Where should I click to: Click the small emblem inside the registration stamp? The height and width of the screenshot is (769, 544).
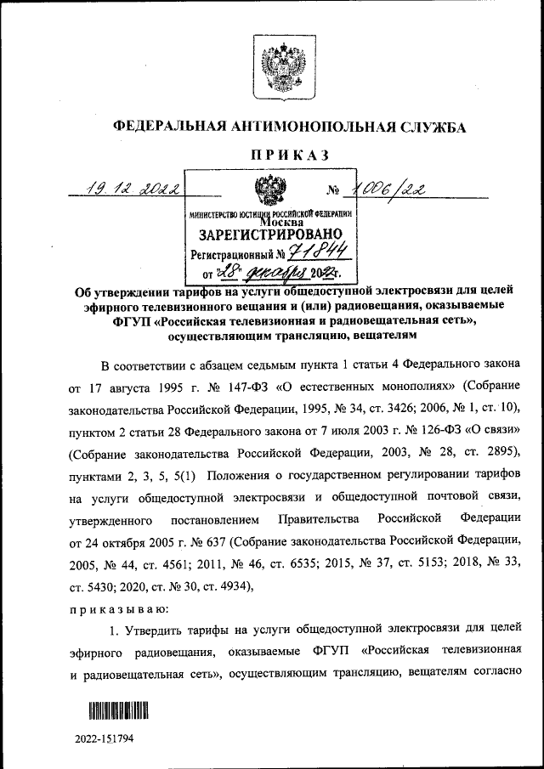[271, 189]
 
